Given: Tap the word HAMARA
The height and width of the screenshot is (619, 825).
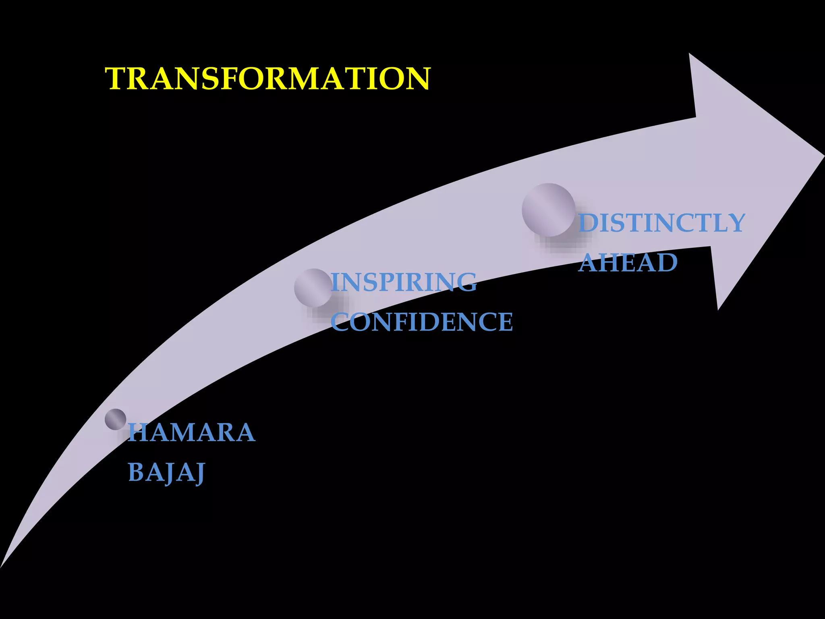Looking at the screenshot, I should coord(191,432).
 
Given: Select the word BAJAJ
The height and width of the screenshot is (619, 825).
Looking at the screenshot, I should coord(166,472).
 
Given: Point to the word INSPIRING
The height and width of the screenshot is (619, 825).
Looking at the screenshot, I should coord(404,282).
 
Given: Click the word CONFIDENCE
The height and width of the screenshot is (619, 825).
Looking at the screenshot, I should coord(422,322).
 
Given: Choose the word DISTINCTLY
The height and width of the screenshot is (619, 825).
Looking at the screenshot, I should coord(661,223).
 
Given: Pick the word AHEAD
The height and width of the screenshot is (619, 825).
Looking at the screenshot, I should coord(628,262).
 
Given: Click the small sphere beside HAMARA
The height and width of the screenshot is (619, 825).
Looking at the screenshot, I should coord(116,420).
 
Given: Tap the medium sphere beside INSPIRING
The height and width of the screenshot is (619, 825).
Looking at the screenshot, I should coord(313,288).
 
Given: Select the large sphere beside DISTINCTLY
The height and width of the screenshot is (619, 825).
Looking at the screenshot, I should coord(548,210).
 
